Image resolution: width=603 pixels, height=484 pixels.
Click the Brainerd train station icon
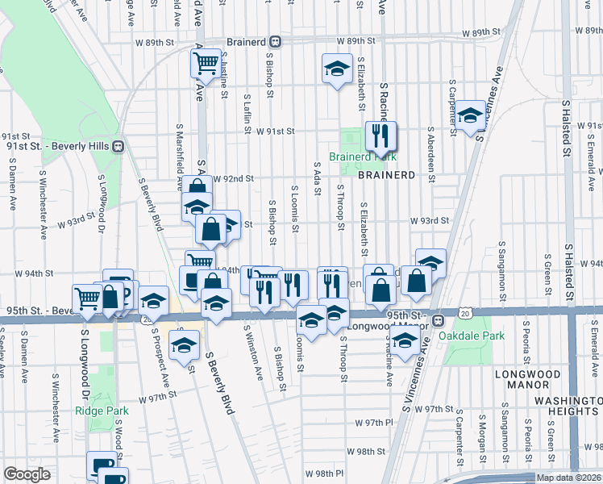pyautogui.click(x=276, y=40)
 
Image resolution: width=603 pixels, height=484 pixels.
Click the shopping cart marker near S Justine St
pyautogui.click(x=206, y=62)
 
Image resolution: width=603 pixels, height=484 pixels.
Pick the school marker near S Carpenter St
pyautogui.click(x=469, y=115)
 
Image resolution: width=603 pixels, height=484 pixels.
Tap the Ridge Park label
pyautogui.click(x=102, y=411)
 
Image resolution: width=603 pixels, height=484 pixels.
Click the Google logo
pyautogui.click(x=27, y=474)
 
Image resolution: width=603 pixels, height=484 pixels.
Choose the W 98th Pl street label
pyautogui.click(x=324, y=474)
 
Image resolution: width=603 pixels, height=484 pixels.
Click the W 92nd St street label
pyautogui.click(x=239, y=178)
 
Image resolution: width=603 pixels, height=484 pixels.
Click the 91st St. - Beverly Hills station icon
pyautogui.click(x=119, y=146)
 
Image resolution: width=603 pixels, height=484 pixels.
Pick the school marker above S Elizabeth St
pyautogui.click(x=337, y=68)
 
